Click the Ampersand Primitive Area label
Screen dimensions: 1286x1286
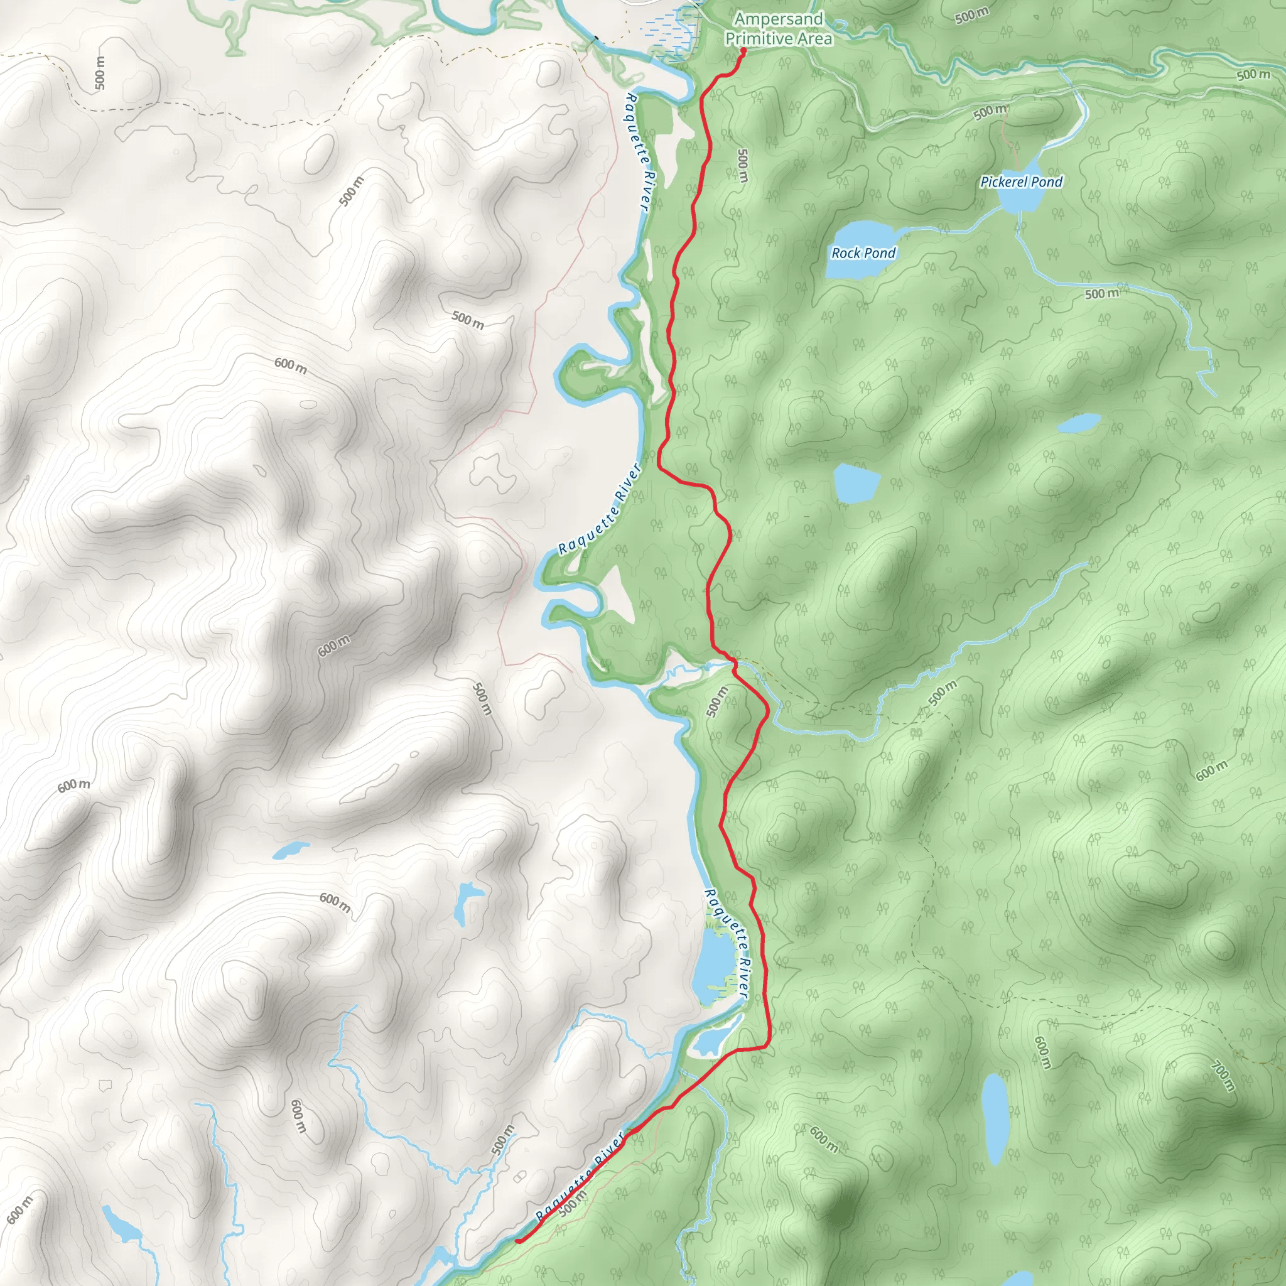(x=778, y=30)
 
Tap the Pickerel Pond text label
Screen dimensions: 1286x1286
(x=1021, y=181)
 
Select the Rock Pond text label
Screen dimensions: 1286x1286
(x=863, y=253)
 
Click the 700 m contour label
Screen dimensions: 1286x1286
(x=1223, y=1076)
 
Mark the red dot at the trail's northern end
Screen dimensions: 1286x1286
(x=742, y=50)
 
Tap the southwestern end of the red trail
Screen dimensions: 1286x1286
(x=518, y=1241)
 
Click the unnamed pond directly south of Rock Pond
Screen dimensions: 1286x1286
(x=855, y=484)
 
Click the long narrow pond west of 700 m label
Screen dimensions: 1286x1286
(x=995, y=1118)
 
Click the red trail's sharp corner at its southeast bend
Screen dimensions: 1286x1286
(x=769, y=1047)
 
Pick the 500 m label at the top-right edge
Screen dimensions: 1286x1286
(x=1253, y=75)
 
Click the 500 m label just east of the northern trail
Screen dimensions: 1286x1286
(x=743, y=165)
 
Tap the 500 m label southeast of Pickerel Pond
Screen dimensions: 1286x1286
(x=1101, y=293)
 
